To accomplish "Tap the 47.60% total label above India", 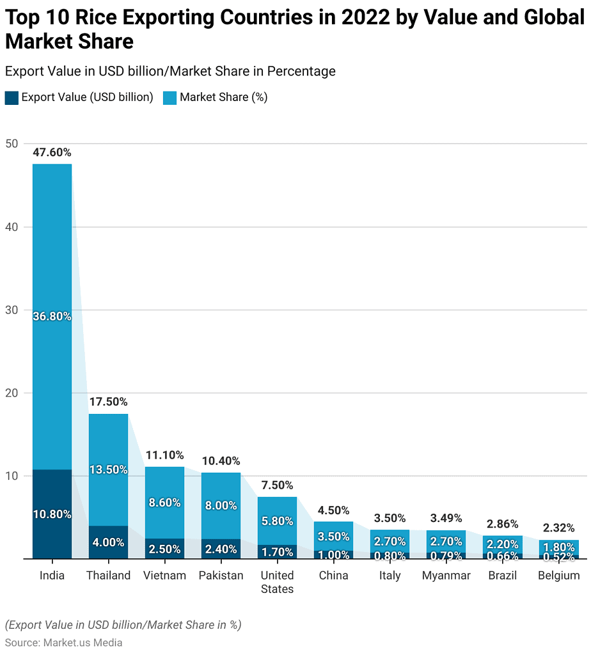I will point(52,153).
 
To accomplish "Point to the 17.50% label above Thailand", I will point(108,402).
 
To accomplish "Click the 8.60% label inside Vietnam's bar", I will point(164,503).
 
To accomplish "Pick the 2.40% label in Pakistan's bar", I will point(221,548).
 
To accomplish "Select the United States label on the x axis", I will point(277,581).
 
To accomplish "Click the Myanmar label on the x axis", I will point(446,575).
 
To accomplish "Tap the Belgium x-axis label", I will point(558,575).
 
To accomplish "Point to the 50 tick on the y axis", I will point(11,143).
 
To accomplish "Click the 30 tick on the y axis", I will point(11,310).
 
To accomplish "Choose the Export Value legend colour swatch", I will point(11,98).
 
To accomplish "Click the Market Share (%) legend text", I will point(223,98).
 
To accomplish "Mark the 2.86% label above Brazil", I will point(502,525).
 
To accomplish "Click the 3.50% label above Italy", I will point(390,519).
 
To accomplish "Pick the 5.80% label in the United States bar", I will point(277,521).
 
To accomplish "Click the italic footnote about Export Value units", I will point(123,624).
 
